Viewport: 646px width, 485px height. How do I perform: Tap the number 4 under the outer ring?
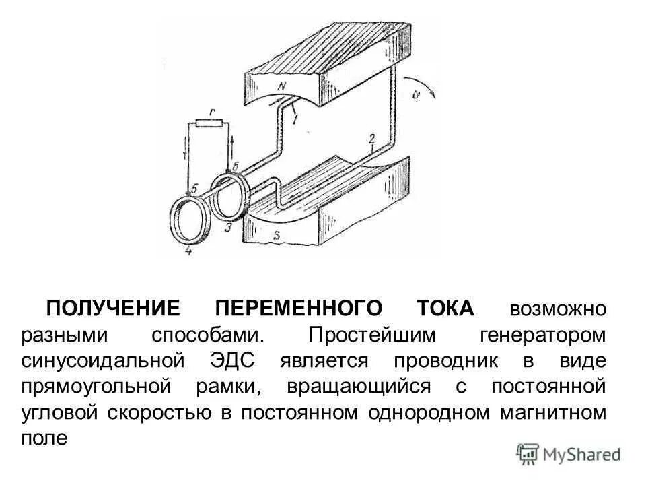pos(188,251)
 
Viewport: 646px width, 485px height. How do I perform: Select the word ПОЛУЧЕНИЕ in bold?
pos(113,309)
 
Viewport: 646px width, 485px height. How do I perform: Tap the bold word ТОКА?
pos(445,309)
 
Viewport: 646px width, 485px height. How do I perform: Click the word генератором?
pos(544,335)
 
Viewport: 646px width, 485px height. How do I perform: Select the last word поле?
pos(44,439)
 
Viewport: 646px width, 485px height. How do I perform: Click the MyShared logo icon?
pos(528,453)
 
